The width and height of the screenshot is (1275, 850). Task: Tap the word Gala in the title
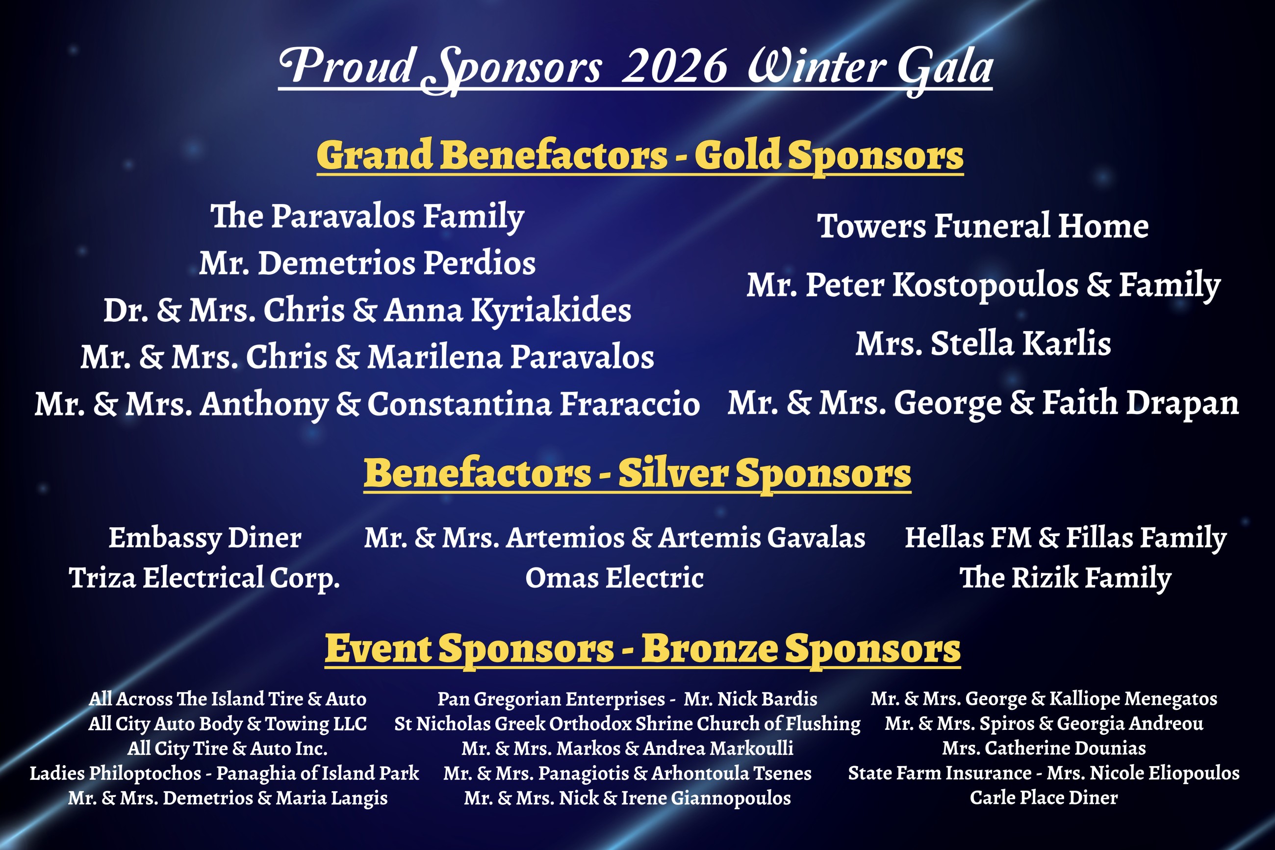click(945, 69)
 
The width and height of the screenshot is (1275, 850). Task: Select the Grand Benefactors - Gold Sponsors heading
click(640, 156)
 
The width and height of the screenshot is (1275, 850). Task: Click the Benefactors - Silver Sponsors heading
click(637, 474)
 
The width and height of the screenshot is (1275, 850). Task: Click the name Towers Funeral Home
click(983, 226)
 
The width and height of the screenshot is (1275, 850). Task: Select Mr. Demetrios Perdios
click(367, 263)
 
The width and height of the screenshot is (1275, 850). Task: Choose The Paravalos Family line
click(367, 217)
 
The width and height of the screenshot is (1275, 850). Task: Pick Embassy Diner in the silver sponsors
click(205, 538)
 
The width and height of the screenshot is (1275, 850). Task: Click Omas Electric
click(614, 577)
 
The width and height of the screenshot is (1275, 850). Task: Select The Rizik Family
click(1065, 578)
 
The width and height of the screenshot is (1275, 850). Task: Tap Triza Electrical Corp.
click(204, 578)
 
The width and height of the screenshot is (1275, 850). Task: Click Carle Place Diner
click(1044, 798)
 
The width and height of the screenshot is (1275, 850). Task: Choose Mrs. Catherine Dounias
click(1044, 748)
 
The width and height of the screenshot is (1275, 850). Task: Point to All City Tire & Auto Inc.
click(228, 748)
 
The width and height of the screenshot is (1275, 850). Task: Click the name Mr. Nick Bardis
click(750, 699)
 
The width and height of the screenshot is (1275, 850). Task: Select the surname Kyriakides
click(551, 311)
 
